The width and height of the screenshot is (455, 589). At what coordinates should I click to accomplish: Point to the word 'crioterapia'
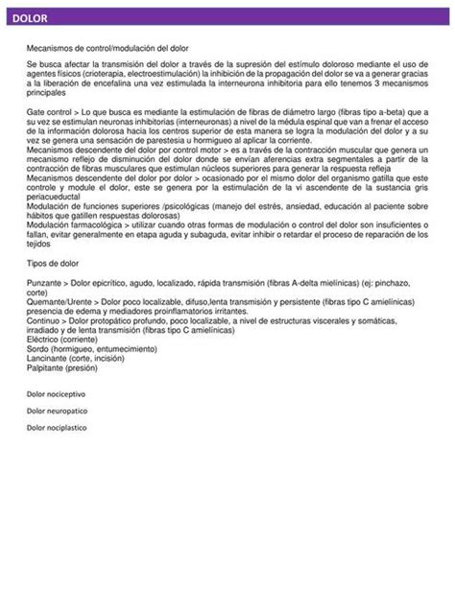(105, 72)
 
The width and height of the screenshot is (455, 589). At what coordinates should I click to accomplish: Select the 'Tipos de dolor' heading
(52, 261)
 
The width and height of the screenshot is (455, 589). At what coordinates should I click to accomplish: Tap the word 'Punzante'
(44, 284)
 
